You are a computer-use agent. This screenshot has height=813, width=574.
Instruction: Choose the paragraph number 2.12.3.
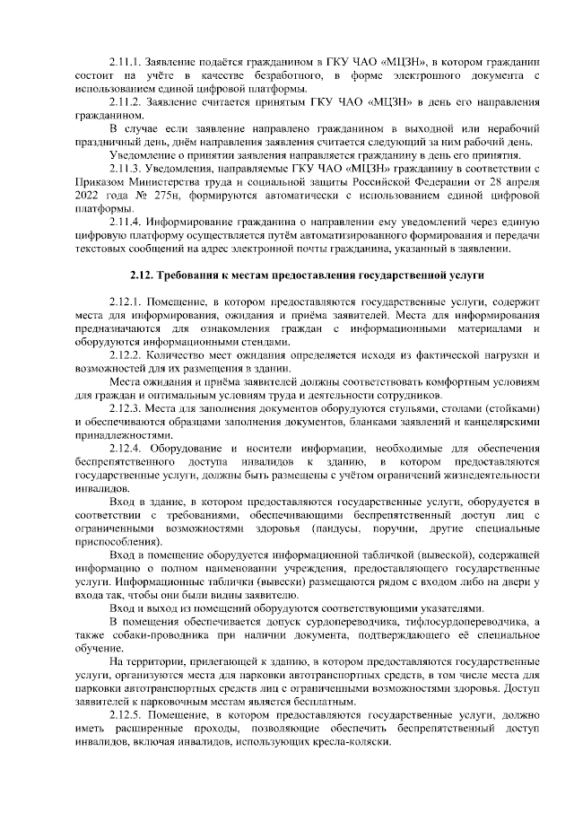point(124,409)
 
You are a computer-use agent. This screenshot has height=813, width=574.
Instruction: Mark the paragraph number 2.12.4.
point(124,449)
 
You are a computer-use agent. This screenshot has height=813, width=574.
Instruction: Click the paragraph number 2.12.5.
point(124,714)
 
